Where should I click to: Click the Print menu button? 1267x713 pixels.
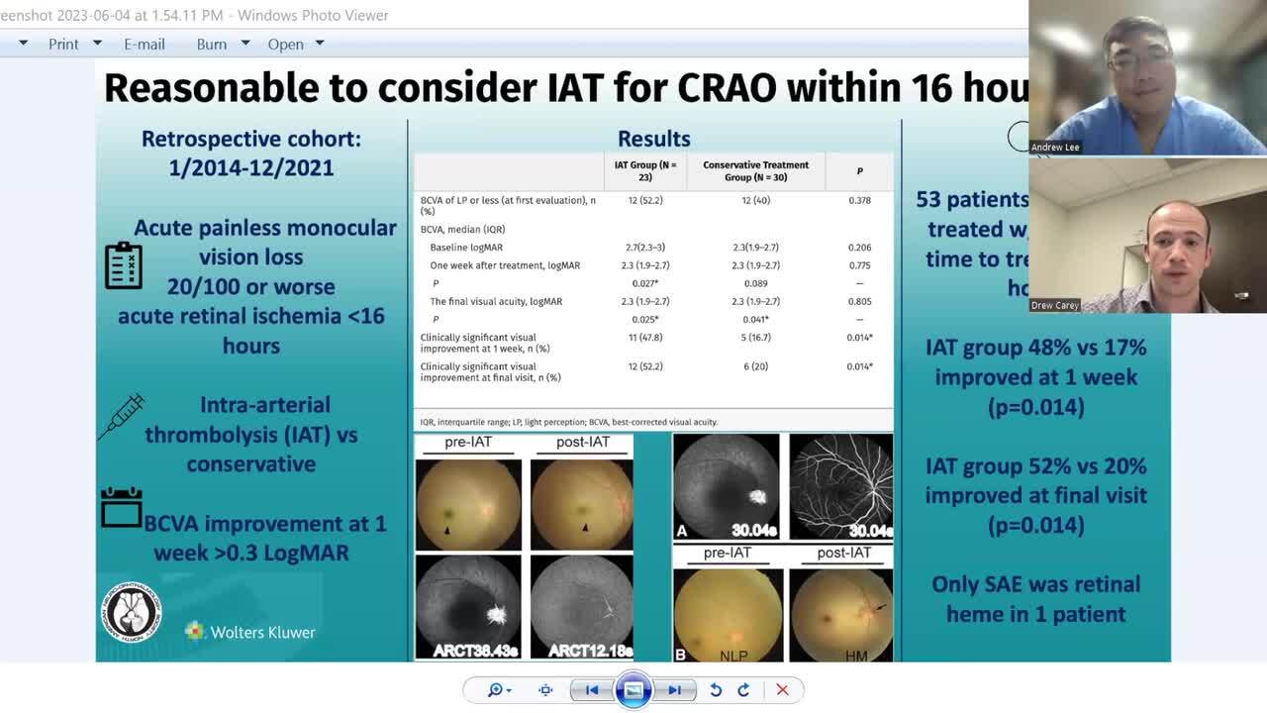tap(63, 44)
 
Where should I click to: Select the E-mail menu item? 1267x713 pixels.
tap(145, 44)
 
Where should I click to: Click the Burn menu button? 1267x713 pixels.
tap(212, 44)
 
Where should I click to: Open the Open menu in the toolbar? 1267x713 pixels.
tap(286, 44)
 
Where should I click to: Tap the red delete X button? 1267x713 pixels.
tap(782, 690)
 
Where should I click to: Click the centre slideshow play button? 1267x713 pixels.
tap(633, 690)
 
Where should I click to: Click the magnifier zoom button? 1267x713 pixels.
tap(495, 690)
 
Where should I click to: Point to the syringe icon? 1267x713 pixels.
tap(122, 416)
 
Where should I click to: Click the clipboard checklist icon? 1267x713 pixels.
tap(124, 265)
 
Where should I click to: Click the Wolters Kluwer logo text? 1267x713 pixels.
tap(262, 632)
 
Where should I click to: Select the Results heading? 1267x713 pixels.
tap(653, 139)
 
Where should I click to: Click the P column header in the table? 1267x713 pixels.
tap(859, 171)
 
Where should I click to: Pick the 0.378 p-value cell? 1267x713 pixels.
tap(859, 200)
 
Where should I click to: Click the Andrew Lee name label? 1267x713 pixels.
tap(1055, 147)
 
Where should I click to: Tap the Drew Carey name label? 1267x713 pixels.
tap(1055, 305)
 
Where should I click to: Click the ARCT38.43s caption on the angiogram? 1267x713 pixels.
tap(468, 650)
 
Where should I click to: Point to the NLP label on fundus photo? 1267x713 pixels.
tap(732, 656)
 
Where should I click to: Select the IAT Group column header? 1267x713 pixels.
tap(645, 171)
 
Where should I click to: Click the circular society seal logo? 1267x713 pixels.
tap(132, 611)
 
